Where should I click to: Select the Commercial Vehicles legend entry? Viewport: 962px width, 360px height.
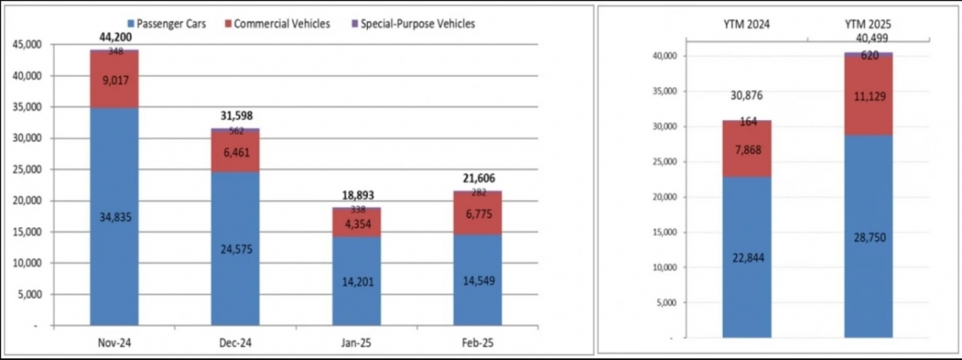point(282,23)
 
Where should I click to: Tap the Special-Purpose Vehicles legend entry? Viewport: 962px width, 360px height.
point(415,23)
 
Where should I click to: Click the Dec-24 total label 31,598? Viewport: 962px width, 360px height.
point(236,116)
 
